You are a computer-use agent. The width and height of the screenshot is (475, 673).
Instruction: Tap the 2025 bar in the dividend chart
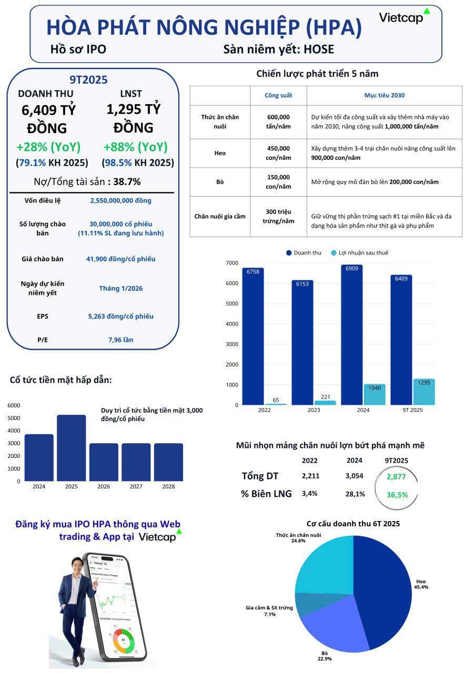pos(71,448)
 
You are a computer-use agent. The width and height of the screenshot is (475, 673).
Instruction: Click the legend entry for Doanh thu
pos(304,253)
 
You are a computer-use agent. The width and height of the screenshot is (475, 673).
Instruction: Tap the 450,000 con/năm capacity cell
pos(278,153)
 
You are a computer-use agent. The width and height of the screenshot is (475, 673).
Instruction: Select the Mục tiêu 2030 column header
pos(384,96)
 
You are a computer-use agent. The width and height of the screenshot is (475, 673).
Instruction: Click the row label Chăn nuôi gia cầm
pos(220,216)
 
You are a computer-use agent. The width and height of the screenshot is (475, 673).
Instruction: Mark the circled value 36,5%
pos(397,495)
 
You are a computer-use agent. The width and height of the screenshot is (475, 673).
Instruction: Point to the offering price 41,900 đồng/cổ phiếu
pos(120,259)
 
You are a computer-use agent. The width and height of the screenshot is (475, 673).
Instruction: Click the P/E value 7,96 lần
pos(120,340)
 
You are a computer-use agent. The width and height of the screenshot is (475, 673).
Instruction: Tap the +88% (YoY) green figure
pos(136,147)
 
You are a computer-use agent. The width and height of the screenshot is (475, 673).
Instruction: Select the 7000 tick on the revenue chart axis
pos(231,263)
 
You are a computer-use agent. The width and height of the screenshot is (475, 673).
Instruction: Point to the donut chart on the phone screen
pos(124,642)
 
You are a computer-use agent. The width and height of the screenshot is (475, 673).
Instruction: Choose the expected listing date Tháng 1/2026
pos(120,288)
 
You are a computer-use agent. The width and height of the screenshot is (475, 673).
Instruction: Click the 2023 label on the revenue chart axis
pos(314,410)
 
